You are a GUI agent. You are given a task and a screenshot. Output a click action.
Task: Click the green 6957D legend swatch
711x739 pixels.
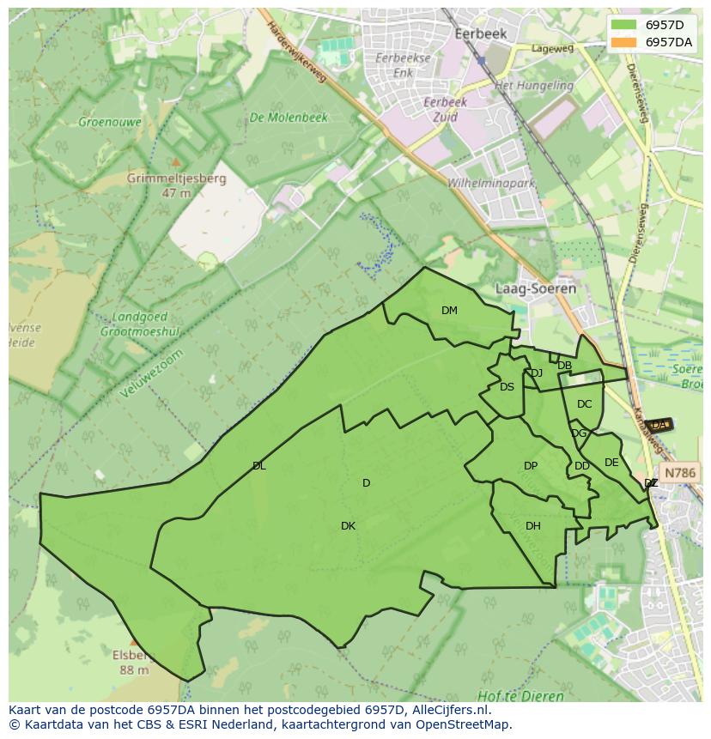tap(624, 25)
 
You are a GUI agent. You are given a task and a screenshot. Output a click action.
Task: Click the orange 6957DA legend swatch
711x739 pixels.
tap(624, 42)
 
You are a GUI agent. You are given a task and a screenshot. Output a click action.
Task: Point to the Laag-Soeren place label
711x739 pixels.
tap(536, 288)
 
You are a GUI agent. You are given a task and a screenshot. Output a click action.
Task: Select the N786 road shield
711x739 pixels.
tap(680, 473)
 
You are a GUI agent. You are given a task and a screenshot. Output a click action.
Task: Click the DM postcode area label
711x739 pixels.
tap(449, 311)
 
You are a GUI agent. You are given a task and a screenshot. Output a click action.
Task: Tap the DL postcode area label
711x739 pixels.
tap(258, 466)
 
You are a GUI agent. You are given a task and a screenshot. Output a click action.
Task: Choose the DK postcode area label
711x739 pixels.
tap(348, 526)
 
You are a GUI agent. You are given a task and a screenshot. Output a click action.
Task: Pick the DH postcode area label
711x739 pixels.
tap(533, 526)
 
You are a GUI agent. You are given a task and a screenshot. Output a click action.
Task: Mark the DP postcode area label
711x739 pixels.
tap(531, 466)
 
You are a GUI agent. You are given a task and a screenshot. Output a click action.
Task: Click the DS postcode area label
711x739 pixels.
tap(507, 387)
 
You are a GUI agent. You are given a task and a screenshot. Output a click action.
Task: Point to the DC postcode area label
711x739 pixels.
tap(584, 404)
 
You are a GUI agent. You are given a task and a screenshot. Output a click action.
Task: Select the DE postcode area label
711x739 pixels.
tap(611, 463)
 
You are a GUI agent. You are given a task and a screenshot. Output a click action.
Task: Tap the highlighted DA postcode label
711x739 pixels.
tap(659, 425)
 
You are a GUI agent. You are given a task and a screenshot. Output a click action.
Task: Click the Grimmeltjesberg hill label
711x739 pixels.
tap(176, 179)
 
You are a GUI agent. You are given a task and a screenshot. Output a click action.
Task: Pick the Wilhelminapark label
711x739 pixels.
tap(491, 183)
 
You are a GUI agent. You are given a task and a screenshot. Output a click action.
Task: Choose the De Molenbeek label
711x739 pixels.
tap(289, 118)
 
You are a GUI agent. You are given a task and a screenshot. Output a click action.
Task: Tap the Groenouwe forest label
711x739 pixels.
tap(110, 122)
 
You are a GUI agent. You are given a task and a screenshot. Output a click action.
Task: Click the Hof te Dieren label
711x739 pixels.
tap(521, 696)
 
